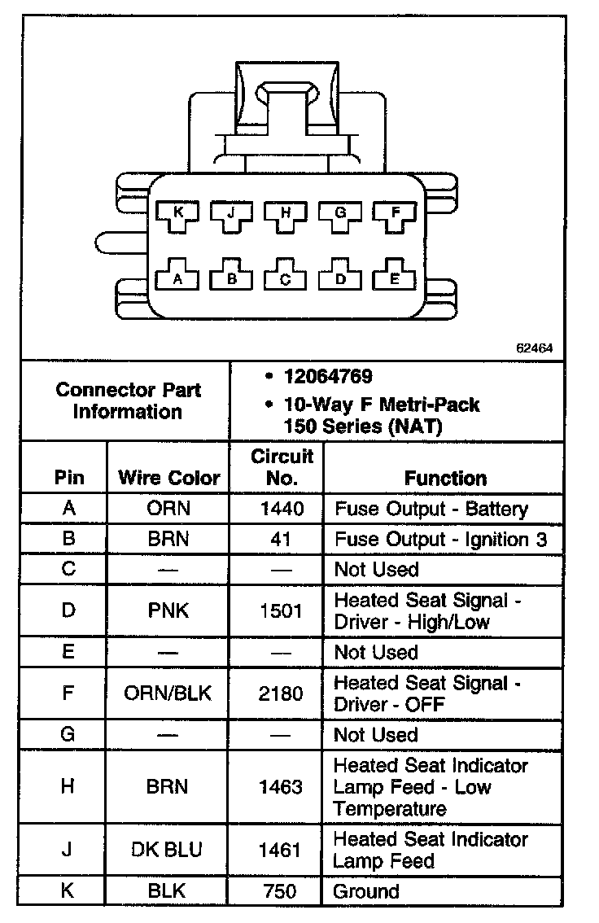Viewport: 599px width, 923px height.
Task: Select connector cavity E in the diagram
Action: [396, 278]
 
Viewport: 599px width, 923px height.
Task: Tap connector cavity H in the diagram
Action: [286, 214]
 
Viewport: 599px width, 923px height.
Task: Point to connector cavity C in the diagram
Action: [286, 278]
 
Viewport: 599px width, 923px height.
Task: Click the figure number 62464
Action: [535, 348]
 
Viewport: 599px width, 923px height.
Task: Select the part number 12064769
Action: [328, 377]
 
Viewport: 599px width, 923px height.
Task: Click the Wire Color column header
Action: [169, 478]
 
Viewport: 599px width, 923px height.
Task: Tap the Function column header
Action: [445, 478]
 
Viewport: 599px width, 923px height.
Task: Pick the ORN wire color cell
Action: [168, 509]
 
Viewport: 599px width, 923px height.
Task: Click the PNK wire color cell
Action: [168, 610]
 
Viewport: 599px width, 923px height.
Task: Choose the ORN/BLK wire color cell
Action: [168, 693]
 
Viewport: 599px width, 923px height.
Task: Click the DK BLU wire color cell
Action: [168, 850]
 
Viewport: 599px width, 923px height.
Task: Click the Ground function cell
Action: [366, 890]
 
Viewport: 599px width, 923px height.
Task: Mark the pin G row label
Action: [68, 734]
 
